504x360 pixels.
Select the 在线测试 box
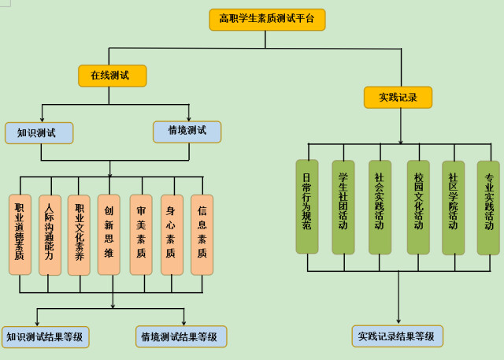(113, 76)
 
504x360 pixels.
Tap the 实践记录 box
(398, 97)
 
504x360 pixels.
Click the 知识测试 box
(39, 132)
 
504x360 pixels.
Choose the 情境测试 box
(187, 131)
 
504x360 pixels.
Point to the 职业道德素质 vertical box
(20, 234)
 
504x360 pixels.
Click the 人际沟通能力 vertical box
(50, 234)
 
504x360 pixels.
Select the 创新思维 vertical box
(109, 234)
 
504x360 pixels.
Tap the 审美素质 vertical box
(141, 234)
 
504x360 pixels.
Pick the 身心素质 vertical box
(171, 234)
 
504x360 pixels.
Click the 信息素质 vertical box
(202, 234)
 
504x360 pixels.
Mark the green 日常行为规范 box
(307, 206)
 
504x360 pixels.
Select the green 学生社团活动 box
(343, 206)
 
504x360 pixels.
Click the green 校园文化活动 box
(418, 206)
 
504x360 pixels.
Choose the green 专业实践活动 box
(488, 207)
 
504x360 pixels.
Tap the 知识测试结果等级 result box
(46, 337)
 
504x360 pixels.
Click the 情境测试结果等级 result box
(180, 337)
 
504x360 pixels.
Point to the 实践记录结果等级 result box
(397, 336)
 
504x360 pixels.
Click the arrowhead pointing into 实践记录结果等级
(398, 321)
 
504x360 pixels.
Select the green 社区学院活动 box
(453, 207)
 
